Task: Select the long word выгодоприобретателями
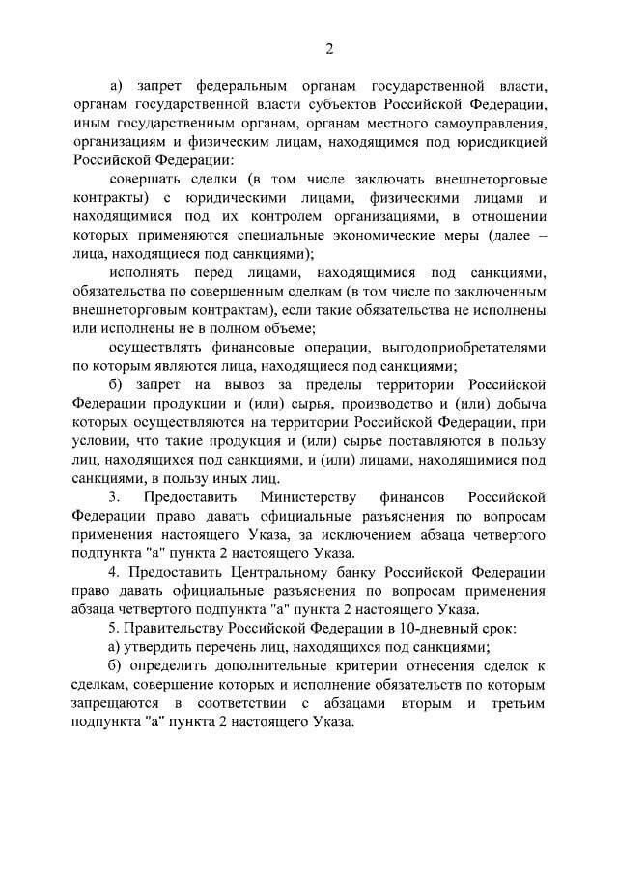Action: coord(442,349)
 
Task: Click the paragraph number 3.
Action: coord(115,497)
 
